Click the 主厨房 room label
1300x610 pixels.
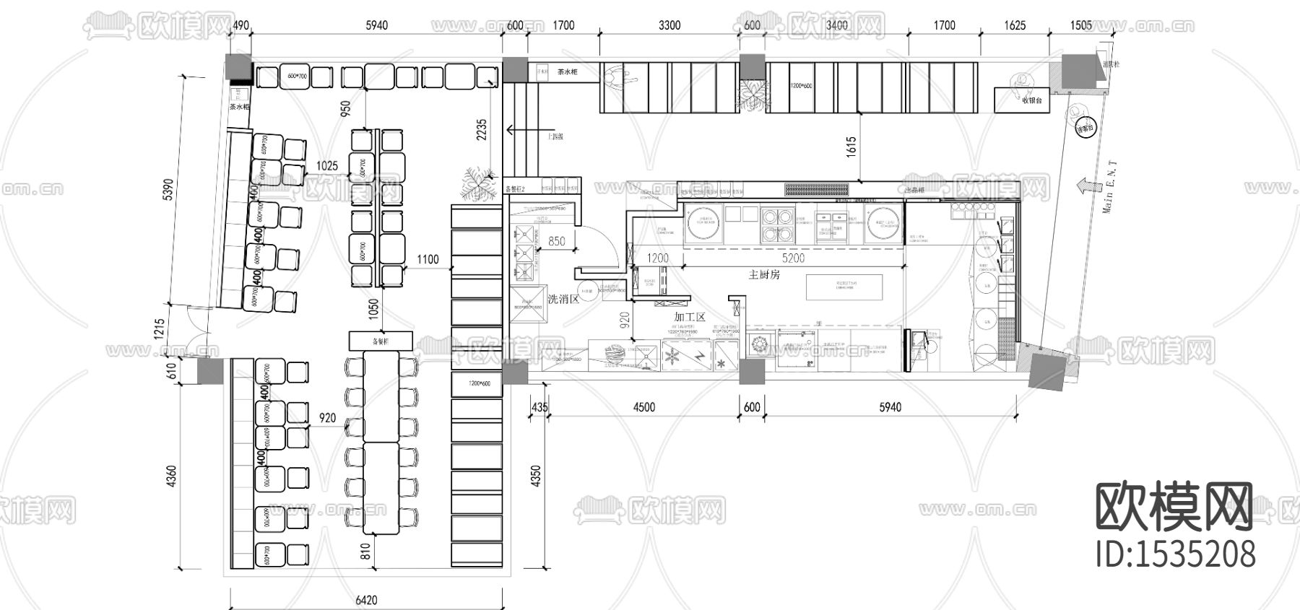(764, 274)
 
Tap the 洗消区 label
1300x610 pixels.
(564, 299)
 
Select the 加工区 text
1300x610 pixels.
(690, 316)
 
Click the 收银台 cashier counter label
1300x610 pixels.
(1031, 101)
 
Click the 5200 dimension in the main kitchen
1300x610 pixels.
(793, 258)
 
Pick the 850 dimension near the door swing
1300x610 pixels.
(556, 242)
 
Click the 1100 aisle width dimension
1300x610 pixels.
(428, 259)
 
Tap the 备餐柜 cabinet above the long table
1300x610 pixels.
(380, 341)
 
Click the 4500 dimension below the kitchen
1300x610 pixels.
(643, 407)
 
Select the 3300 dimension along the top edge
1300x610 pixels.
(669, 25)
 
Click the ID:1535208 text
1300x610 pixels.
(1176, 554)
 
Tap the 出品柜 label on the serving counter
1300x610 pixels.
(916, 190)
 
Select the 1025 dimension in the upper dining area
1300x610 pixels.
(326, 165)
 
